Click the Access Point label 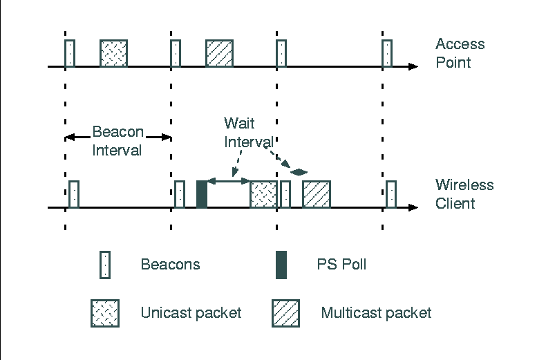point(460,53)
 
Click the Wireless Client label point(464,194)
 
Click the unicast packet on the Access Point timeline point(113,53)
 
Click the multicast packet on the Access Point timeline point(219,53)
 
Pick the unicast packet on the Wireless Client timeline point(263,194)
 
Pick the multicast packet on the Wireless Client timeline point(317,194)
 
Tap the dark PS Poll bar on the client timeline point(202,194)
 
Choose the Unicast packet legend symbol point(104,312)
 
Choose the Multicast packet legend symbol point(285,312)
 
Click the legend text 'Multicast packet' point(376,312)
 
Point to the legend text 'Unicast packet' point(191,312)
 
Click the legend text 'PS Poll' point(341,264)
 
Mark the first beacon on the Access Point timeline point(70,53)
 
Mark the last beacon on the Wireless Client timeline point(391,194)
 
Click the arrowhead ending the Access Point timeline point(413,67)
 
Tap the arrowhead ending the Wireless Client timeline point(413,207)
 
